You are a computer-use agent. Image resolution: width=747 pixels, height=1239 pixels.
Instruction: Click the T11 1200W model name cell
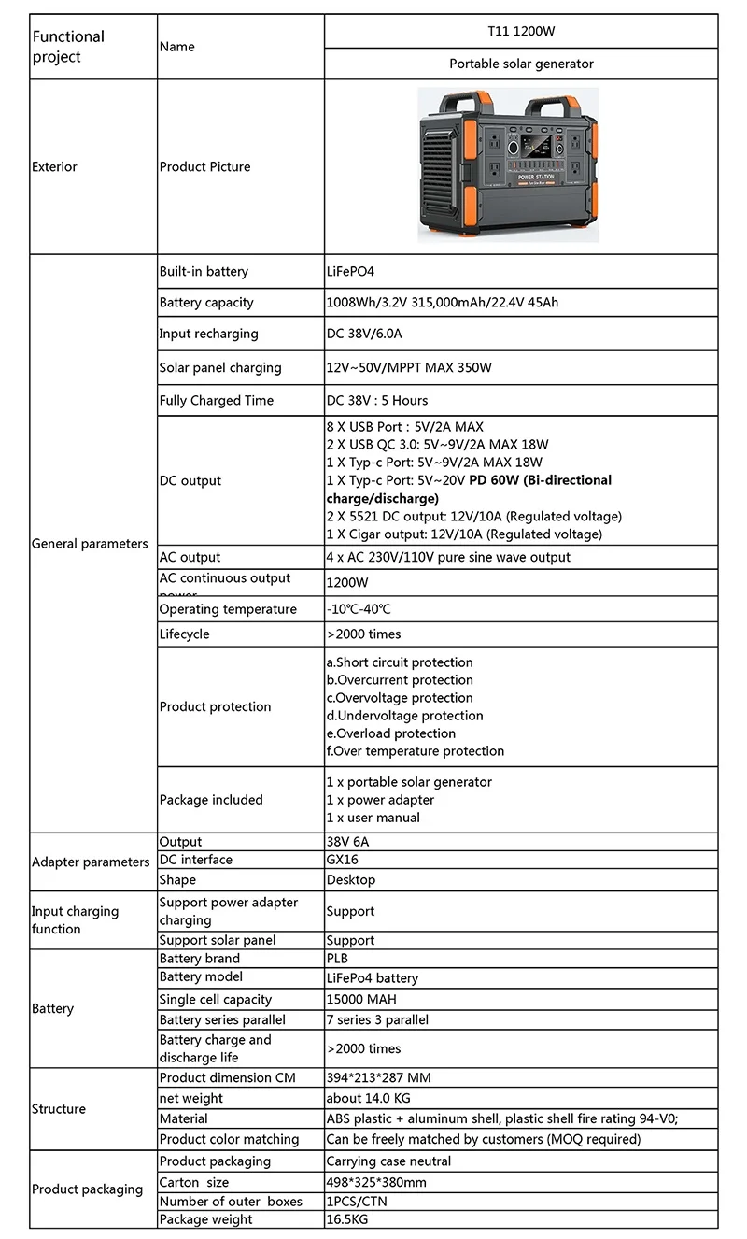tap(521, 31)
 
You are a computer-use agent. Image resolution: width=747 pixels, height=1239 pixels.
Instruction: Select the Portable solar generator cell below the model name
tap(521, 64)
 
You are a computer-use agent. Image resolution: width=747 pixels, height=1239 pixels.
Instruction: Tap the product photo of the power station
tap(508, 164)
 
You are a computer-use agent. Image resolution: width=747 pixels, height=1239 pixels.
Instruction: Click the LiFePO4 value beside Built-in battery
tap(350, 272)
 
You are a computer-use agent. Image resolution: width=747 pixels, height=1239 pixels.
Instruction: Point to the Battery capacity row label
tap(206, 303)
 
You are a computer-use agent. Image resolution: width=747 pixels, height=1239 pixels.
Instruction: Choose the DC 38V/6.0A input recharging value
tap(363, 334)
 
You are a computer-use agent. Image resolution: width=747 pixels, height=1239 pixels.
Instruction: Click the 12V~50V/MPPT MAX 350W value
tap(409, 367)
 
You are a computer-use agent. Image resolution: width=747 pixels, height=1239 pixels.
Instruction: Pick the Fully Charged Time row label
tap(217, 401)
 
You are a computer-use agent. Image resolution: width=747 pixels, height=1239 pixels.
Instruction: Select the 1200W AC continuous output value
tap(343, 582)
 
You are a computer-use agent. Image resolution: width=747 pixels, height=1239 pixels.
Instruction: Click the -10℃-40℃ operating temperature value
tap(359, 609)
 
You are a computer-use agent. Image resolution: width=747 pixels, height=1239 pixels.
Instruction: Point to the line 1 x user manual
tap(373, 818)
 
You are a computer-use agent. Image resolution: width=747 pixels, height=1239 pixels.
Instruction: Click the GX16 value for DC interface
tap(342, 860)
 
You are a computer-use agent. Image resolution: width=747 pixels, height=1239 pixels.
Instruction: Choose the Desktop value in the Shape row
tap(350, 880)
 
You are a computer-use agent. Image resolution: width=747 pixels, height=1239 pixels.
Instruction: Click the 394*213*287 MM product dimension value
tap(378, 1078)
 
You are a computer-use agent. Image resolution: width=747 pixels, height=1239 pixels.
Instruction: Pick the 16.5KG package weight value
tap(345, 1219)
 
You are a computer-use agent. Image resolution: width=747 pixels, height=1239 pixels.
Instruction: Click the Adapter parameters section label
tap(91, 862)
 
